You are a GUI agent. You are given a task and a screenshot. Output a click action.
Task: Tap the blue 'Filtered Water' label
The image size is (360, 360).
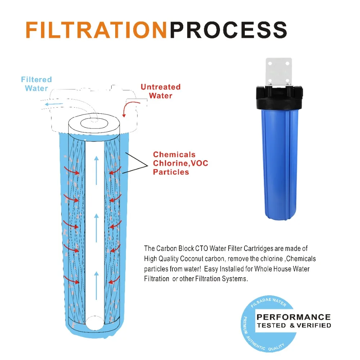tap(36, 84)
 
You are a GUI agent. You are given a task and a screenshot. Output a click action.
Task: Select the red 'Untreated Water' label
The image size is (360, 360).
tap(161, 91)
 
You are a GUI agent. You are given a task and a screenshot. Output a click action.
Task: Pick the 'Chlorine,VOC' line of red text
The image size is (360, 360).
tap(180, 163)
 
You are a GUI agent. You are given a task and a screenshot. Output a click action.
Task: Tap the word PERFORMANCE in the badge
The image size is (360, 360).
tap(293, 317)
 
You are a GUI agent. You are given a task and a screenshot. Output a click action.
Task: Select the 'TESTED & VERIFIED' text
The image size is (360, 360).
tap(293, 325)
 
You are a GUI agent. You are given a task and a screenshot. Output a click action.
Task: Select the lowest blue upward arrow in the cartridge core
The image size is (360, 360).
tap(96, 286)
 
